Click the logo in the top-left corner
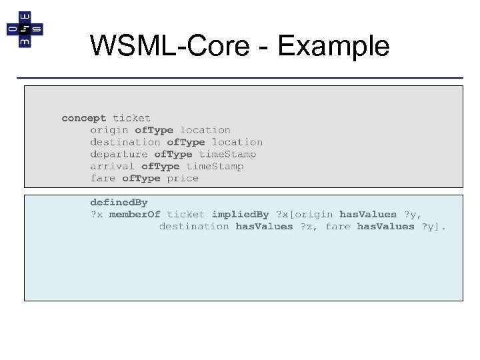25,29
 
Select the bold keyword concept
83,118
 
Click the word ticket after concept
131,118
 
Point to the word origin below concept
109,130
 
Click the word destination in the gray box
125,142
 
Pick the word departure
119,154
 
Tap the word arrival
113,166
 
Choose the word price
183,178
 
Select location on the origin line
205,130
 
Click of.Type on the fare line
141,178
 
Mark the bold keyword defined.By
119,202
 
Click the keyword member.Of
135,214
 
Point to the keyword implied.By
240,214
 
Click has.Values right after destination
264,226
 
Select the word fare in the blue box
337,226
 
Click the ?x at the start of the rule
97,214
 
